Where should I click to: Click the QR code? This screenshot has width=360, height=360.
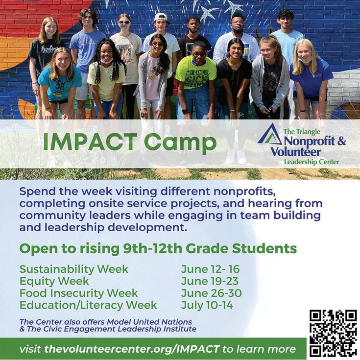click(x=333, y=334)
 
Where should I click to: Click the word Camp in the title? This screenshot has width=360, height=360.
click(x=180, y=144)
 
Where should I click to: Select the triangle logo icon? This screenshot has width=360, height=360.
click(x=270, y=134)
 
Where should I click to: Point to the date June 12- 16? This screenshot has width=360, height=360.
click(x=210, y=269)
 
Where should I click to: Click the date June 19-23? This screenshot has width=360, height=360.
click(x=210, y=281)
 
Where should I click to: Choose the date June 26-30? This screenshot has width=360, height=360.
click(x=211, y=293)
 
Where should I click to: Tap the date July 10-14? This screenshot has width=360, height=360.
click(x=207, y=305)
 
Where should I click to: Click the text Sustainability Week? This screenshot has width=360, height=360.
click(x=73, y=269)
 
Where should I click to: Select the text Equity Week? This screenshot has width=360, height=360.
click(x=54, y=281)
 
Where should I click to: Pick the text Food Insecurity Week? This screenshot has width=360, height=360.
click(x=78, y=293)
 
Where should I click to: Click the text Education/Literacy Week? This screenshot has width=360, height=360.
click(x=88, y=305)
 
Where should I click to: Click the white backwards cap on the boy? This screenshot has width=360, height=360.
click(x=161, y=17)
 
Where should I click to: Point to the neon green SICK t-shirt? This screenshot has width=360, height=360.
click(x=195, y=73)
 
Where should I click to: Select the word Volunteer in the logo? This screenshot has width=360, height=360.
click(x=296, y=152)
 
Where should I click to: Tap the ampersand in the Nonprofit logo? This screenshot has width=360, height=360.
click(x=341, y=141)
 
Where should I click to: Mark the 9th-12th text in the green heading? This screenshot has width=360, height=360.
click(x=153, y=248)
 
